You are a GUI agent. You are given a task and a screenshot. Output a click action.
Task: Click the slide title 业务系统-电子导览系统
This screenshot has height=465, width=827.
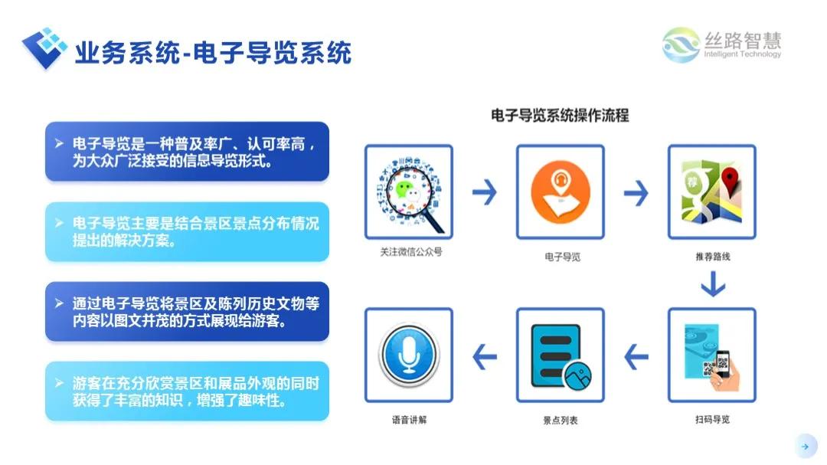(x=212, y=53)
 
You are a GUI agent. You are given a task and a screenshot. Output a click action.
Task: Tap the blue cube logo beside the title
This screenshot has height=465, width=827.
(x=44, y=47)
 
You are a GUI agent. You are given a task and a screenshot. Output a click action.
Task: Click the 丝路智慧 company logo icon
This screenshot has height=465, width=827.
(x=680, y=44)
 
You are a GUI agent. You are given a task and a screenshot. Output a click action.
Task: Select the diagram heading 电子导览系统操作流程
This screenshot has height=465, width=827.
(x=559, y=116)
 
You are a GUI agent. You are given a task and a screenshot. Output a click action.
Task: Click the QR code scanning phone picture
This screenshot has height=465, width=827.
(x=711, y=355)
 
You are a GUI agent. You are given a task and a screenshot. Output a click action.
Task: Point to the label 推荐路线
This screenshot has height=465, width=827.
(x=712, y=257)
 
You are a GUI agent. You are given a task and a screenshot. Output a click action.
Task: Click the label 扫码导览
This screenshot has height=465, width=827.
(x=712, y=420)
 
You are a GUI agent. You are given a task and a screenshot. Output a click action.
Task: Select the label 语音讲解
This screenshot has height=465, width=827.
(x=409, y=421)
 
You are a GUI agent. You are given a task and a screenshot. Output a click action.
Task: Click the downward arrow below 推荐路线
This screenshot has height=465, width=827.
(x=712, y=285)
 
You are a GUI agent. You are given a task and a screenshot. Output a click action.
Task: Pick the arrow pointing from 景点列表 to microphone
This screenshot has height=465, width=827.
(x=484, y=355)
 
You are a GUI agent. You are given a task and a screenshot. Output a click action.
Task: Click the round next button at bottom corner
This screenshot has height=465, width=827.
(x=804, y=446)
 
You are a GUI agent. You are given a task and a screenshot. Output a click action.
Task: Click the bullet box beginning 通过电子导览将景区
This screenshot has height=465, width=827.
(x=187, y=312)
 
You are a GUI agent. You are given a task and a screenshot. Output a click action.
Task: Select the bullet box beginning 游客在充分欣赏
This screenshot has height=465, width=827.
(x=187, y=391)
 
